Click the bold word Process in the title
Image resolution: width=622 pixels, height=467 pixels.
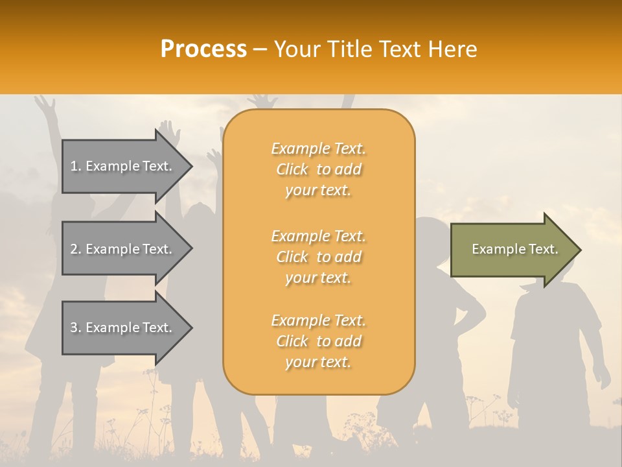[203, 49]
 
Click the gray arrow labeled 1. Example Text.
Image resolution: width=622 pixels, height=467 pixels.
[123, 166]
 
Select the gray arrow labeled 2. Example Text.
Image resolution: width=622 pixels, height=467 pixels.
[123, 249]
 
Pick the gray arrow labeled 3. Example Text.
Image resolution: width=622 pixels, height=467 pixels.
[123, 328]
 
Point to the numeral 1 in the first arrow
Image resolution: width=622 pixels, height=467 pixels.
[74, 166]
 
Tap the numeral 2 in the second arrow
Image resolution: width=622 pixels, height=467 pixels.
[74, 249]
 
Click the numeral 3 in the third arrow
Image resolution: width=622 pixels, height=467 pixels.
[74, 328]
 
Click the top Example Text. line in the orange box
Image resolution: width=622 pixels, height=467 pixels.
[319, 149]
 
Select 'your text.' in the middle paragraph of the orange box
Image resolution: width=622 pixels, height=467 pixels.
[318, 278]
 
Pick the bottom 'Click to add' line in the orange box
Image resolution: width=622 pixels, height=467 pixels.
[319, 341]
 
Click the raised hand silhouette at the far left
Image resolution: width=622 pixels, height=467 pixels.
[44, 104]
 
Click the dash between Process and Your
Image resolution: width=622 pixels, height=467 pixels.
[260, 50]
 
